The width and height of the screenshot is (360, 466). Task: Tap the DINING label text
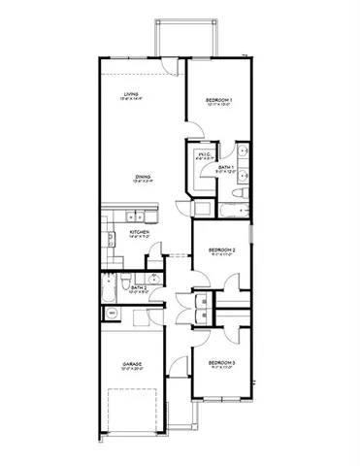click(x=143, y=176)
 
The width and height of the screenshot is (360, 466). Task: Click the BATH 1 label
click(x=226, y=169)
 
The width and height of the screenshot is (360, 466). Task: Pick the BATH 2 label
click(x=139, y=287)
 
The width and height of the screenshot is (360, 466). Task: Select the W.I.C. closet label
click(x=205, y=154)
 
